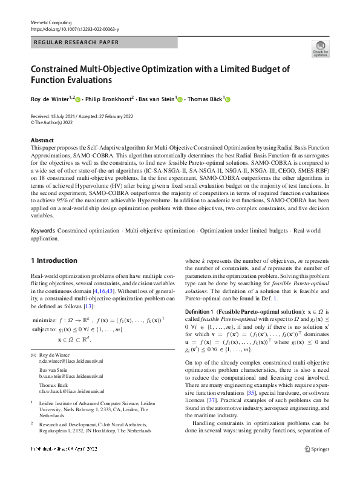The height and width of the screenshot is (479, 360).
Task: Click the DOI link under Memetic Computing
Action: coord(74,29)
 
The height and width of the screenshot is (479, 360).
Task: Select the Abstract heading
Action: coord(42,140)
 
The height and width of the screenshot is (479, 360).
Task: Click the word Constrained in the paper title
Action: coord(60,68)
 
